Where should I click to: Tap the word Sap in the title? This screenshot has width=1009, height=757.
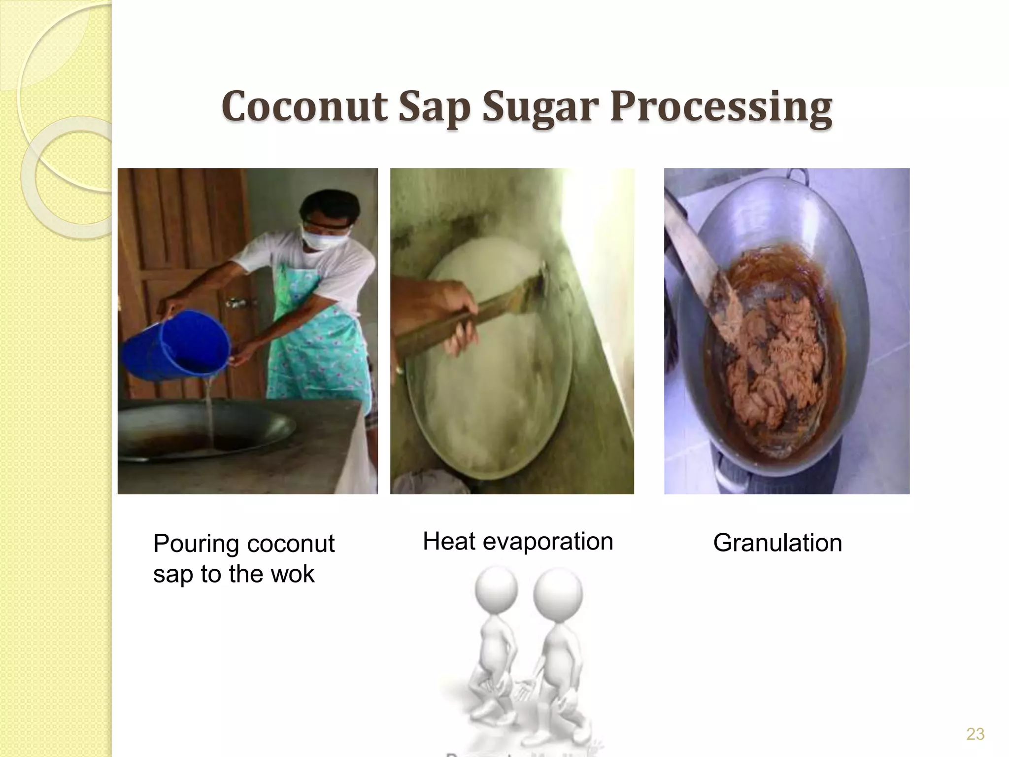click(433, 107)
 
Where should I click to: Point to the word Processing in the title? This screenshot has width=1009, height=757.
click(721, 107)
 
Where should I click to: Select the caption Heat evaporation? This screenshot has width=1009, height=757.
click(517, 542)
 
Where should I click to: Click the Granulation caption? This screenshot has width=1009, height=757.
click(777, 543)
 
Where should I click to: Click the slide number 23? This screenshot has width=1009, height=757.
click(975, 734)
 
